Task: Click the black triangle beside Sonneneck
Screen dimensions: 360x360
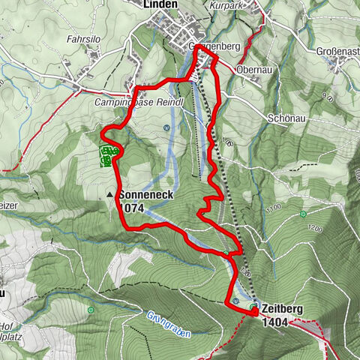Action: pos(110,194)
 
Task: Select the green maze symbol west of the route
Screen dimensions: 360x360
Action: pos(106,156)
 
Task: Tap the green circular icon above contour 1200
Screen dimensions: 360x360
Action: pos(303,214)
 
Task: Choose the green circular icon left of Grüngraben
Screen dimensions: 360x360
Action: pos(90,310)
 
